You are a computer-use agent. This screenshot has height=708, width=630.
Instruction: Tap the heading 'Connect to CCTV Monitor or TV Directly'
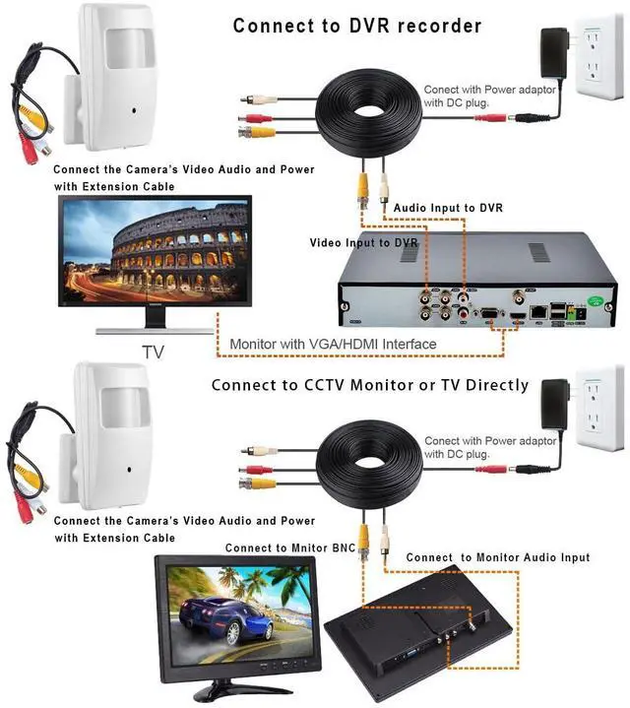pos(369,385)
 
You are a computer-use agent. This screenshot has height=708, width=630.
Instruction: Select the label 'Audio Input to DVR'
pos(449,209)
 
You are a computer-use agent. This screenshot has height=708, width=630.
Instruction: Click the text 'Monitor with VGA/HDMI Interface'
pos(333,344)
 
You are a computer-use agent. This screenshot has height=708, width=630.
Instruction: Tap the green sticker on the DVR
pos(594,301)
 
